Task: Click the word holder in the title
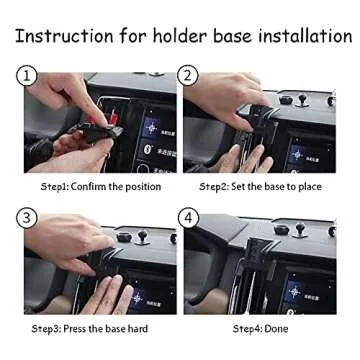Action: click(x=181, y=36)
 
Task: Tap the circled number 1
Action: click(x=27, y=76)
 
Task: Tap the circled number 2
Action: click(x=187, y=76)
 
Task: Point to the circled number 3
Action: click(x=27, y=218)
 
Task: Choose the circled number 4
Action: click(x=187, y=218)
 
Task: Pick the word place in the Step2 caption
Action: click(x=319, y=186)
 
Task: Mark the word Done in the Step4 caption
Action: click(x=275, y=328)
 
